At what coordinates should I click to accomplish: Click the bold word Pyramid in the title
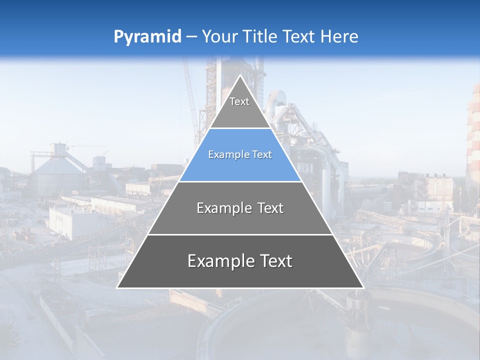coord(147,37)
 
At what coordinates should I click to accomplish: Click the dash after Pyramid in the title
coord(191,37)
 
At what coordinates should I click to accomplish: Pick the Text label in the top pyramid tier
coord(239,101)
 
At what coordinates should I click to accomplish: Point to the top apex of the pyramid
coord(240,75)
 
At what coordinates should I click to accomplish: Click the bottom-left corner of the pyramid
coord(117,287)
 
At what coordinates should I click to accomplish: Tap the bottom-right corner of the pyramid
coord(363,287)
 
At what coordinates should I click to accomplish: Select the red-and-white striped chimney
coord(473,135)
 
